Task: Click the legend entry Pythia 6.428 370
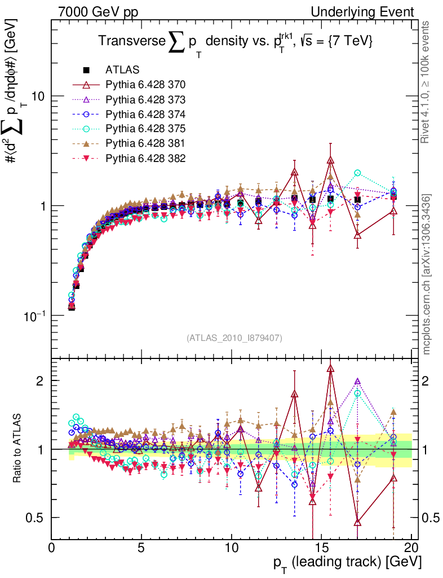click(x=145, y=85)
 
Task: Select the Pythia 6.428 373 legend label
click(x=145, y=100)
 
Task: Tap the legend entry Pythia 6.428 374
click(x=145, y=115)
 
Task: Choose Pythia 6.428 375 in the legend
click(x=145, y=129)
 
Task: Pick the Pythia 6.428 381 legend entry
click(x=145, y=143)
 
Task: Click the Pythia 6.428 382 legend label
click(x=145, y=158)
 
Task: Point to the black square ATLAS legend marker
click(x=87, y=71)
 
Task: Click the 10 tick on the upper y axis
click(x=38, y=97)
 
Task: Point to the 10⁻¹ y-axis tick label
click(x=36, y=315)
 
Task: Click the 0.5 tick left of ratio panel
click(x=37, y=518)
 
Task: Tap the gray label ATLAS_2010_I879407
click(x=234, y=338)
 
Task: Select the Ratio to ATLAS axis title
click(x=17, y=448)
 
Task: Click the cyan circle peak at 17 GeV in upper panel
click(x=357, y=173)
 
